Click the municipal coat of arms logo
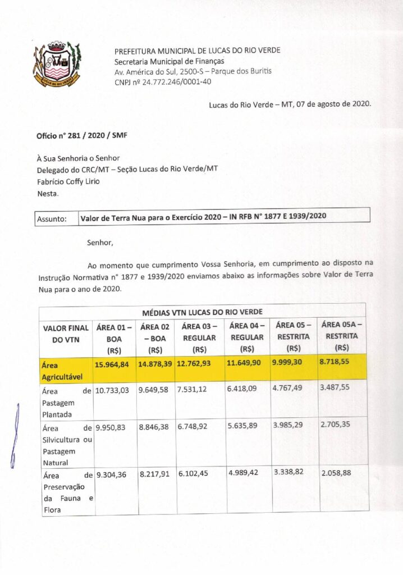tap(58, 63)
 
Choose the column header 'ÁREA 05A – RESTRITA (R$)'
tap(342, 335)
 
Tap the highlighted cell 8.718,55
tap(335, 362)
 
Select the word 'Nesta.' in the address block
tap(47, 194)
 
